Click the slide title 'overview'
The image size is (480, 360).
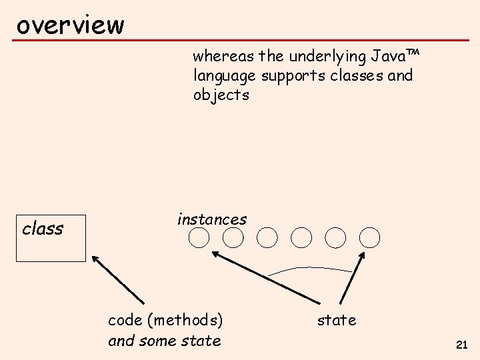pos(70,25)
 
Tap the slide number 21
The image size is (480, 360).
pos(461,345)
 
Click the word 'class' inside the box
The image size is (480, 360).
pos(43,229)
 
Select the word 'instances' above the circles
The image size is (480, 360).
pos(212,219)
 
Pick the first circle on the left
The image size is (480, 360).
pos(199,237)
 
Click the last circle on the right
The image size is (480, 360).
pos(369,237)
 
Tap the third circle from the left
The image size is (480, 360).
pos(267,237)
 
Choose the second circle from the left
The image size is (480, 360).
pos(233,237)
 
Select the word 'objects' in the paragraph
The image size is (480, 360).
pos(221,95)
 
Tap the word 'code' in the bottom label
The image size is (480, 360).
pos(125,320)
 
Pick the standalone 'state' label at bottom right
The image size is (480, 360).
pos(337,320)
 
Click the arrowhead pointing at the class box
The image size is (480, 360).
pos(95,259)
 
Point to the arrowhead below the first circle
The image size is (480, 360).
pos(216,254)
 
